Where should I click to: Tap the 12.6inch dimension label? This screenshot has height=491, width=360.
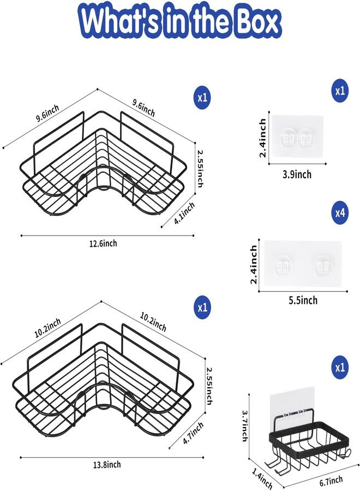pyautogui.click(x=103, y=243)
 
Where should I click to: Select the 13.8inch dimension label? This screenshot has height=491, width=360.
pyautogui.click(x=107, y=465)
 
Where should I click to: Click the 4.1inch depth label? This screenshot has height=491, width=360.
pyautogui.click(x=184, y=213)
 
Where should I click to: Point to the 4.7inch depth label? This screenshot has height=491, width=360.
pyautogui.click(x=193, y=433)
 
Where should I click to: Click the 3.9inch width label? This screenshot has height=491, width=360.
pyautogui.click(x=297, y=175)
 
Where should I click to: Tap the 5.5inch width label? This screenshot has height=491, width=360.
pyautogui.click(x=303, y=300)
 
